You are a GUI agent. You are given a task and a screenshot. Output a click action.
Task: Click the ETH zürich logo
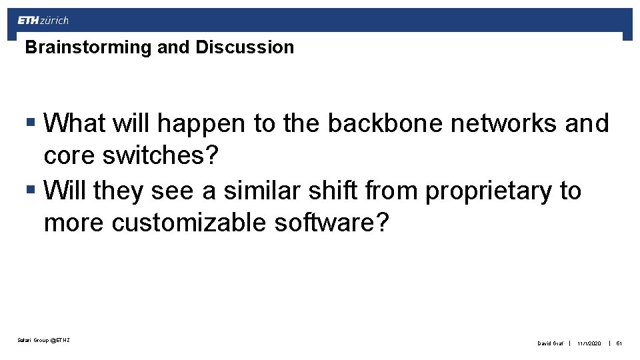[43, 21]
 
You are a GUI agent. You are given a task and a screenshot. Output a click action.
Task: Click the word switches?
[161, 155]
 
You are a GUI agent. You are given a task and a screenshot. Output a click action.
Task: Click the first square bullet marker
[31, 123]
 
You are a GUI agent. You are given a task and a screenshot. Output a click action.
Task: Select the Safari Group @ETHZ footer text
[44, 341]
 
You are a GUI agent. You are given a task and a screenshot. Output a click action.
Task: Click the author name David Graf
[550, 343]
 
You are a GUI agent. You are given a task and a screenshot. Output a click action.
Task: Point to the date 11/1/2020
[589, 343]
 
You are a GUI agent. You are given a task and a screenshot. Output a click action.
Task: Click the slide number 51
[619, 343]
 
